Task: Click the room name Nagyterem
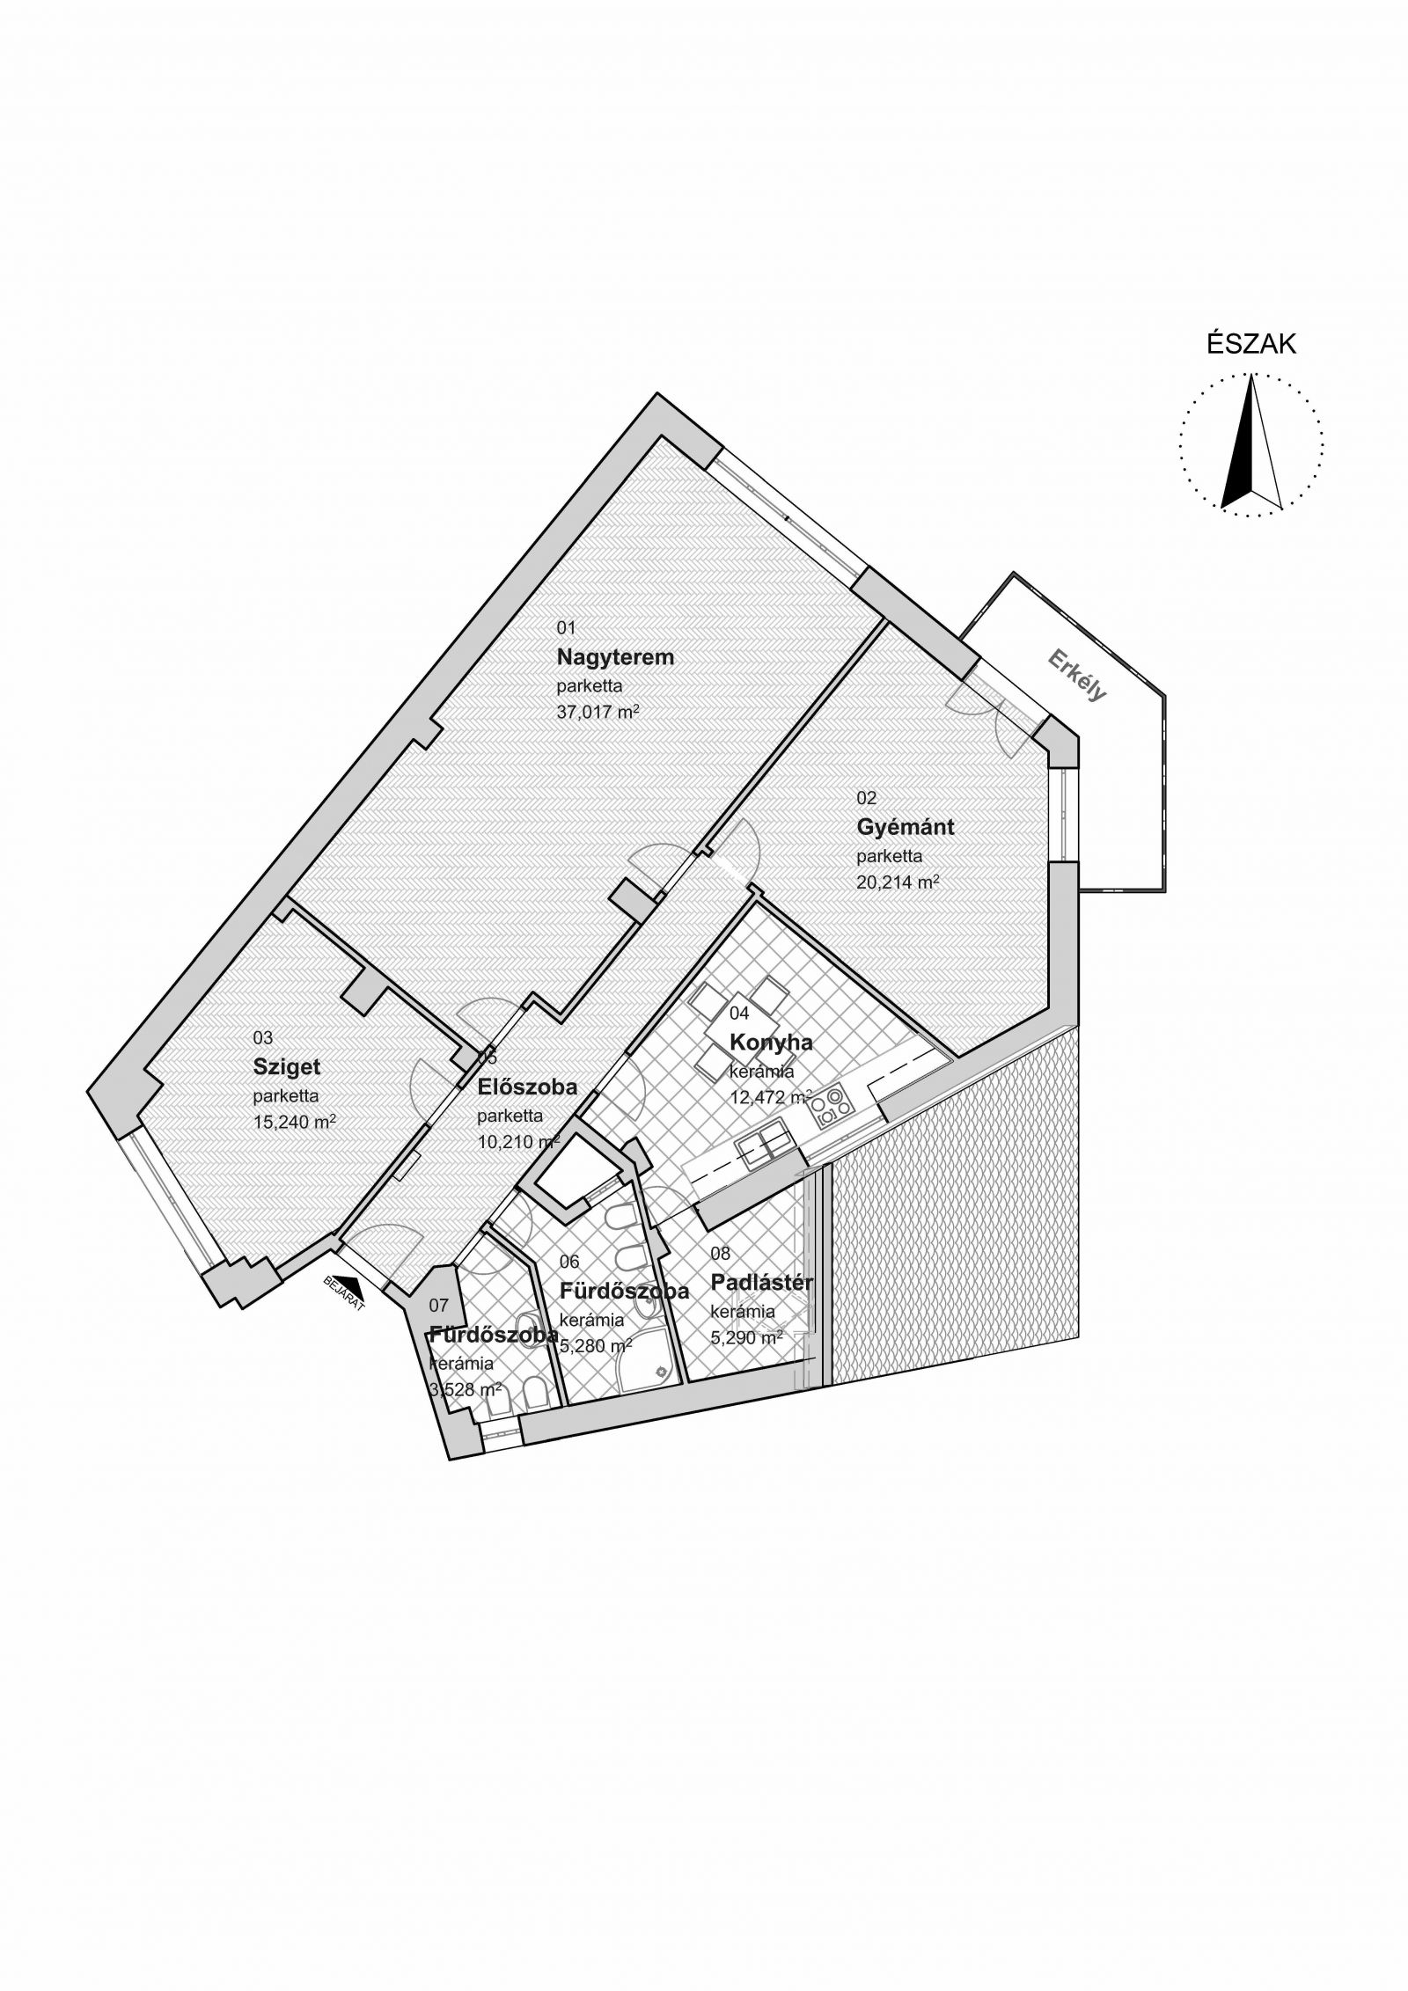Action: [615, 657]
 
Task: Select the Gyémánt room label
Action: [906, 828]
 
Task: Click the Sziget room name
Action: [287, 1067]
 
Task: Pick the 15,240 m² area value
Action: [294, 1123]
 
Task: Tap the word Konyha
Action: [771, 1043]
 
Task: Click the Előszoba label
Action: [527, 1087]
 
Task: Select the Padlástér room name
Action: [761, 1283]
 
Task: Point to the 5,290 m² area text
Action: [746, 1338]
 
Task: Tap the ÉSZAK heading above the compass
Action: [1251, 344]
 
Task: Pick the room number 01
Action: [566, 627]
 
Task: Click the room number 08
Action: [720, 1254]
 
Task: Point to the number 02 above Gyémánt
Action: [866, 798]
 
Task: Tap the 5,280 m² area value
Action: [596, 1346]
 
